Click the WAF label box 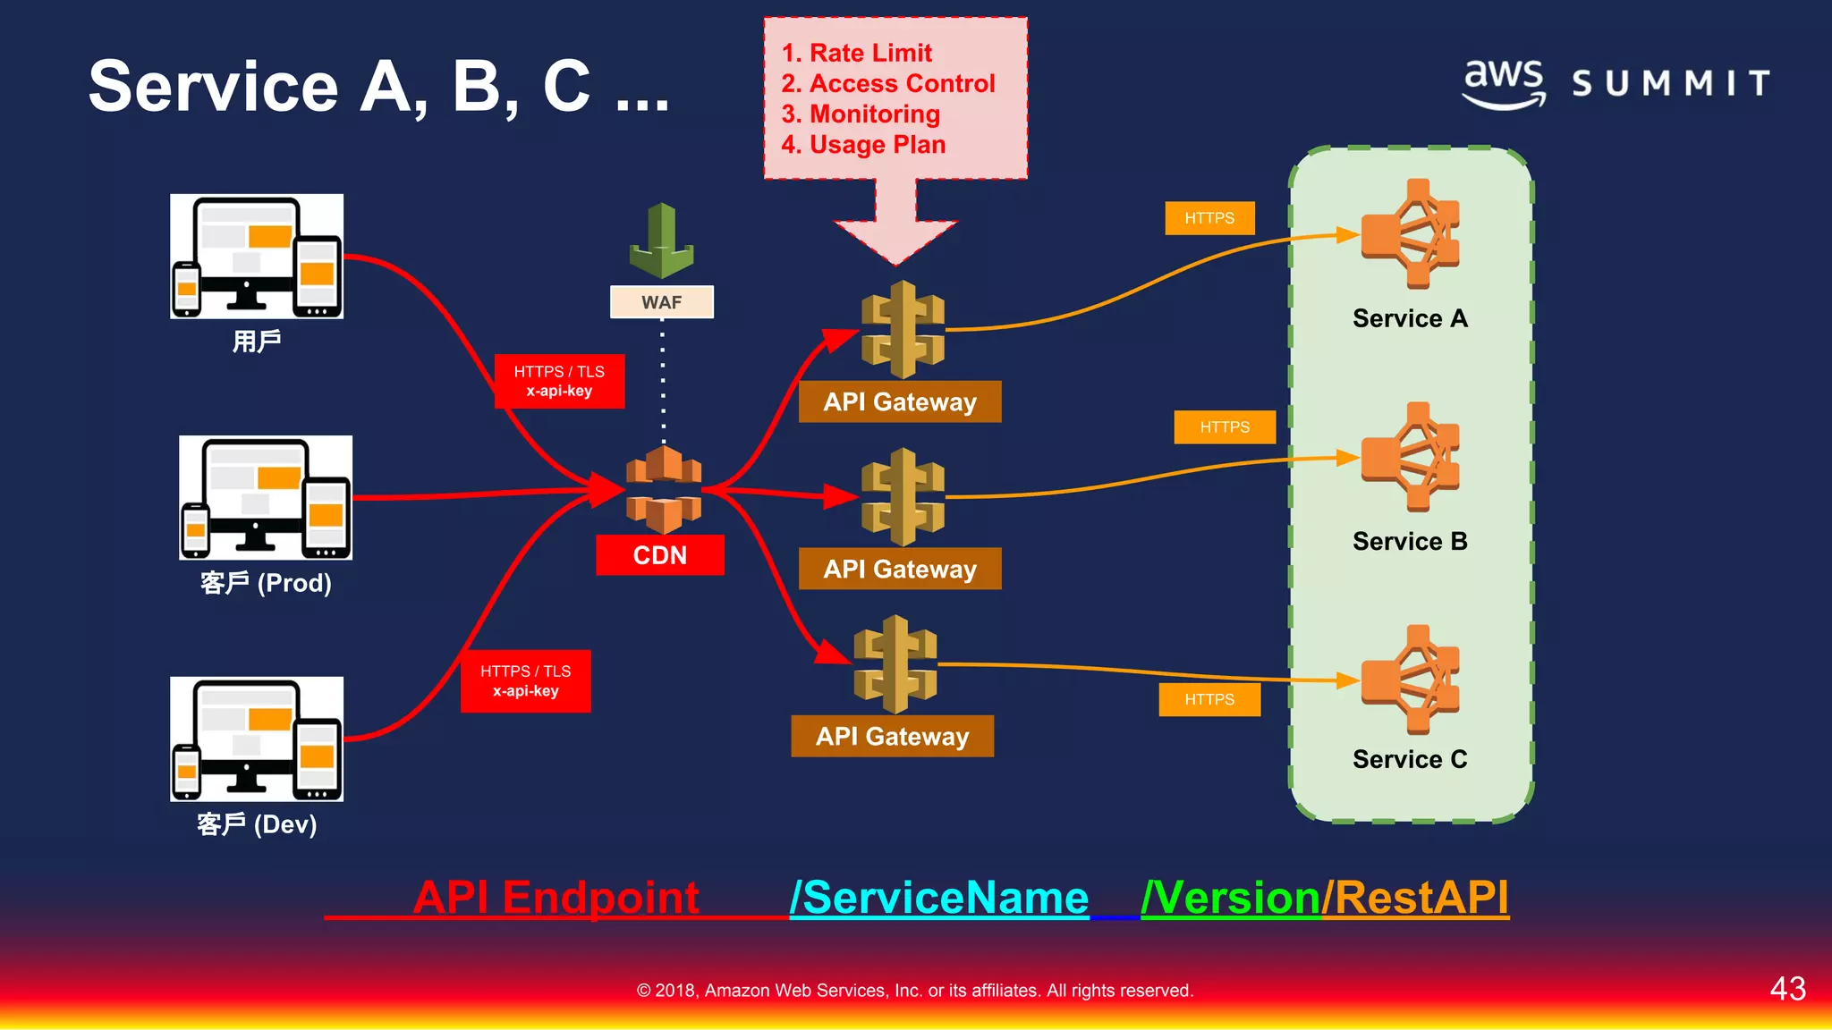(661, 302)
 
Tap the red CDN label (660, 555)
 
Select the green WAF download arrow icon (661, 241)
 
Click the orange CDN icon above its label (663, 490)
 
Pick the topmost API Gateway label (899, 401)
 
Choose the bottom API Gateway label (892, 736)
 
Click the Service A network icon (1411, 234)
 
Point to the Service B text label (1410, 541)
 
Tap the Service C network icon (1411, 680)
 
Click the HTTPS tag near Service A (1209, 218)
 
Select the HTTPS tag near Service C (1209, 699)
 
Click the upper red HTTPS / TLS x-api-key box (559, 381)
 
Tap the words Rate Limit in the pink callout (869, 53)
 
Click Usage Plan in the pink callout (877, 145)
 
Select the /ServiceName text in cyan (939, 897)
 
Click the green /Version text (1231, 897)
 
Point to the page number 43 (1787, 988)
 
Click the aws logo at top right (1504, 82)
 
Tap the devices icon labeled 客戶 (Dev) (257, 739)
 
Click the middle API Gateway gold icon (903, 497)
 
